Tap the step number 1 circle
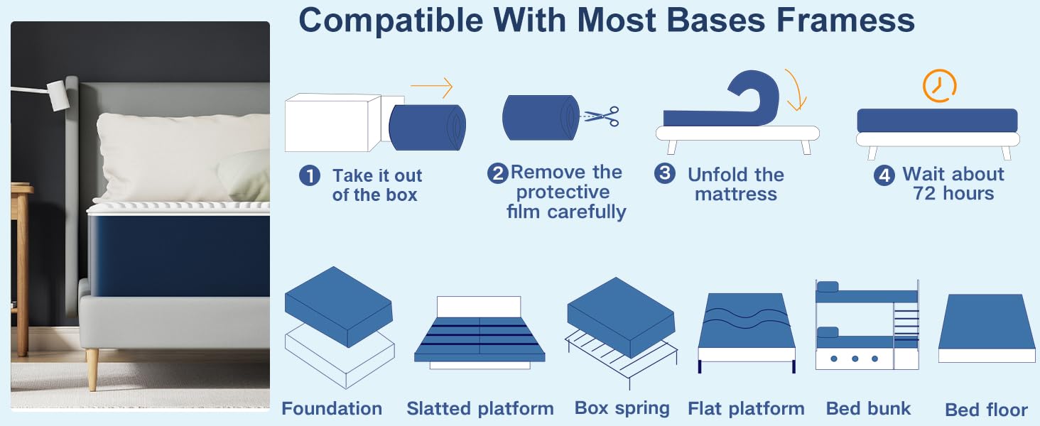coord(310,176)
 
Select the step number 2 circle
coord(497,173)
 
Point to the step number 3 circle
coord(665,173)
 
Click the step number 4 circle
coord(884,175)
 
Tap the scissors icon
coord(601,116)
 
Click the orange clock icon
coord(939,86)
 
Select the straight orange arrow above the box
coord(431,87)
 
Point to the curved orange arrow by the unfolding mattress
coord(797,89)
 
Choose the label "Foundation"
coord(332,409)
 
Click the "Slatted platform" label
coord(480,409)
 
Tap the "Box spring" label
coord(622,408)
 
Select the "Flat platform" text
coord(746,409)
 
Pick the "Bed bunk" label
coord(868,408)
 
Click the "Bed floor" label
coord(986,410)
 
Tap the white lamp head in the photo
coord(58,95)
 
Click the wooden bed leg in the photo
coord(92,369)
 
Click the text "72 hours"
coord(953,194)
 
